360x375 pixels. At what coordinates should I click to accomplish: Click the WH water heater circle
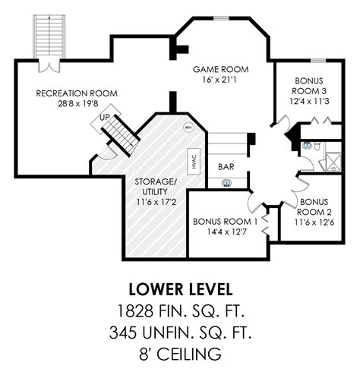coord(188,128)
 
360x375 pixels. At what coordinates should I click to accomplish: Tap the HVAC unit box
coord(194,161)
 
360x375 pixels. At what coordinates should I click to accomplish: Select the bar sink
coord(226,183)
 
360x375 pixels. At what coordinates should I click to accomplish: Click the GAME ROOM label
coord(220,69)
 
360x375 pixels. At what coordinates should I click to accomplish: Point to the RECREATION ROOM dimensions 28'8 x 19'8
coord(78,104)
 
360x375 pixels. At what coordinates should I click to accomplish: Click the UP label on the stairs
coord(105,118)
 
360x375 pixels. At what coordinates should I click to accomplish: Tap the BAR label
coord(226,167)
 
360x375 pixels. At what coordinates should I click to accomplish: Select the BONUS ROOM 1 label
coord(225,222)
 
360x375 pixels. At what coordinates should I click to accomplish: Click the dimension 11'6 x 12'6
coord(314,222)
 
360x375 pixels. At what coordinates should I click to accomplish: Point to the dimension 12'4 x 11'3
coord(309,101)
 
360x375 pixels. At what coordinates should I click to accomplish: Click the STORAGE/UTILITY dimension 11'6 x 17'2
coord(156,202)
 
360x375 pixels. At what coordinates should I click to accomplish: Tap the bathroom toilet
coord(317,147)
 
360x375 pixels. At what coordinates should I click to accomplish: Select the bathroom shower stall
coord(333,162)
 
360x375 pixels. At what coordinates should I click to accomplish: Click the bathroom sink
coord(307,146)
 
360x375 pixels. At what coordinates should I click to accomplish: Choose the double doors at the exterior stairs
coord(49,66)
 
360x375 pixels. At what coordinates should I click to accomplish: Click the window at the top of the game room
coord(221,18)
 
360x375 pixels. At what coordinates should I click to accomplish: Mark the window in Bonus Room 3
coord(318,61)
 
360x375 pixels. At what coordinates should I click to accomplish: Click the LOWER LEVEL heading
coord(181,289)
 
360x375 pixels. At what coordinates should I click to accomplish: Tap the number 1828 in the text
coord(135,311)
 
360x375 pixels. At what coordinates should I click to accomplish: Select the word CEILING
coord(189,354)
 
